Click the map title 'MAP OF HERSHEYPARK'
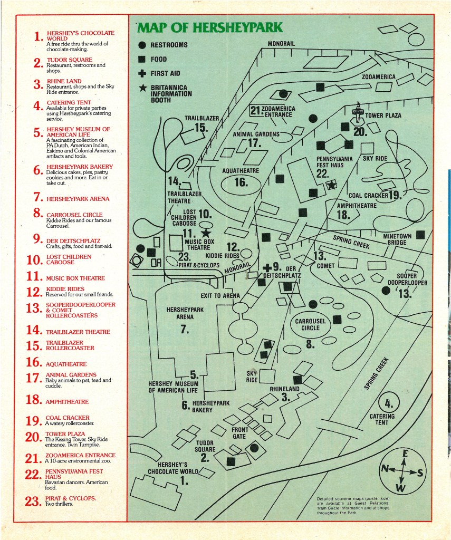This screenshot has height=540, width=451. tap(210, 27)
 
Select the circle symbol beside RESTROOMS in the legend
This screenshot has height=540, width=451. tap(142, 45)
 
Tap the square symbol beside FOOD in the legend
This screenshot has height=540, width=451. tap(142, 60)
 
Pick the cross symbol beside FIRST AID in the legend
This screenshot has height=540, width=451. tap(142, 74)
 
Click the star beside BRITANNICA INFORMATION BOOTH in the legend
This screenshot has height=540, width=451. tap(142, 88)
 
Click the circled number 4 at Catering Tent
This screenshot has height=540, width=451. tap(389, 404)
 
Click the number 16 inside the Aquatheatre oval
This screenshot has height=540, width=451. tap(241, 183)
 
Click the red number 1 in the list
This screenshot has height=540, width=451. tap(37, 36)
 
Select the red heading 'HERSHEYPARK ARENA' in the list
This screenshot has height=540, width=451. tap(78, 199)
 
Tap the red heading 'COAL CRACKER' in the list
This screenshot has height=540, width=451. tap(68, 418)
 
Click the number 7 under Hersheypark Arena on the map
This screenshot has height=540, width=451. tap(184, 330)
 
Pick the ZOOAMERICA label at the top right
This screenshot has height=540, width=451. tap(378, 77)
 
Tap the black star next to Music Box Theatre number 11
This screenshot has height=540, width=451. tap(206, 233)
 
